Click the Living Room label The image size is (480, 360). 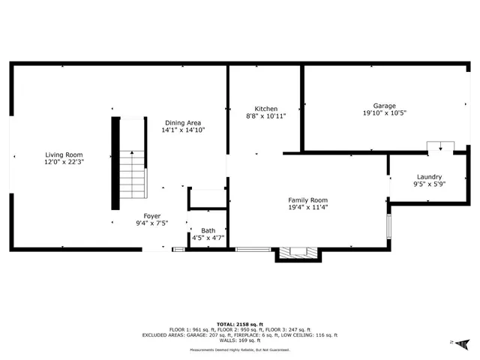64,154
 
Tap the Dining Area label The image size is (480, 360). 183,122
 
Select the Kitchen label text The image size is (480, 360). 266,108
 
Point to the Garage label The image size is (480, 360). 385,106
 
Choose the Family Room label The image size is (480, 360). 308,199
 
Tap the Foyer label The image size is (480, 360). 152,216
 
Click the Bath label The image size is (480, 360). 208,230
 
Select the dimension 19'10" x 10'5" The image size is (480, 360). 385,114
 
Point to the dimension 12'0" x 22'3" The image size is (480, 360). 64,162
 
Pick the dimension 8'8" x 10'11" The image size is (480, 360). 266,115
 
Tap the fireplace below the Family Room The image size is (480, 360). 298,254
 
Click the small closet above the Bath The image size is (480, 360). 208,199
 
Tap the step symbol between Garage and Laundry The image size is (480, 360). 439,146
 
